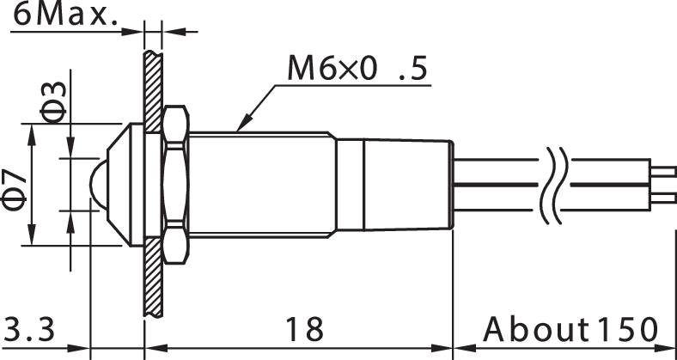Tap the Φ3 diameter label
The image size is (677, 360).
[52, 101]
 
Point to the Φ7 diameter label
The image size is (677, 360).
[15, 187]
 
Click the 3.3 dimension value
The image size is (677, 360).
[31, 328]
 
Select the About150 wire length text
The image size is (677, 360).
[570, 328]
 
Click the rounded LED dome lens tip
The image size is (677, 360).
[95, 183]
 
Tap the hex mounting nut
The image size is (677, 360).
[174, 184]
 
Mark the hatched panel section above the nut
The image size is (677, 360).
[152, 82]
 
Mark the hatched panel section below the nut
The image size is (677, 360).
[152, 279]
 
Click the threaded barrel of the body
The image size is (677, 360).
[258, 184]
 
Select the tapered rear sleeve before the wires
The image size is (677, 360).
[408, 184]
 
